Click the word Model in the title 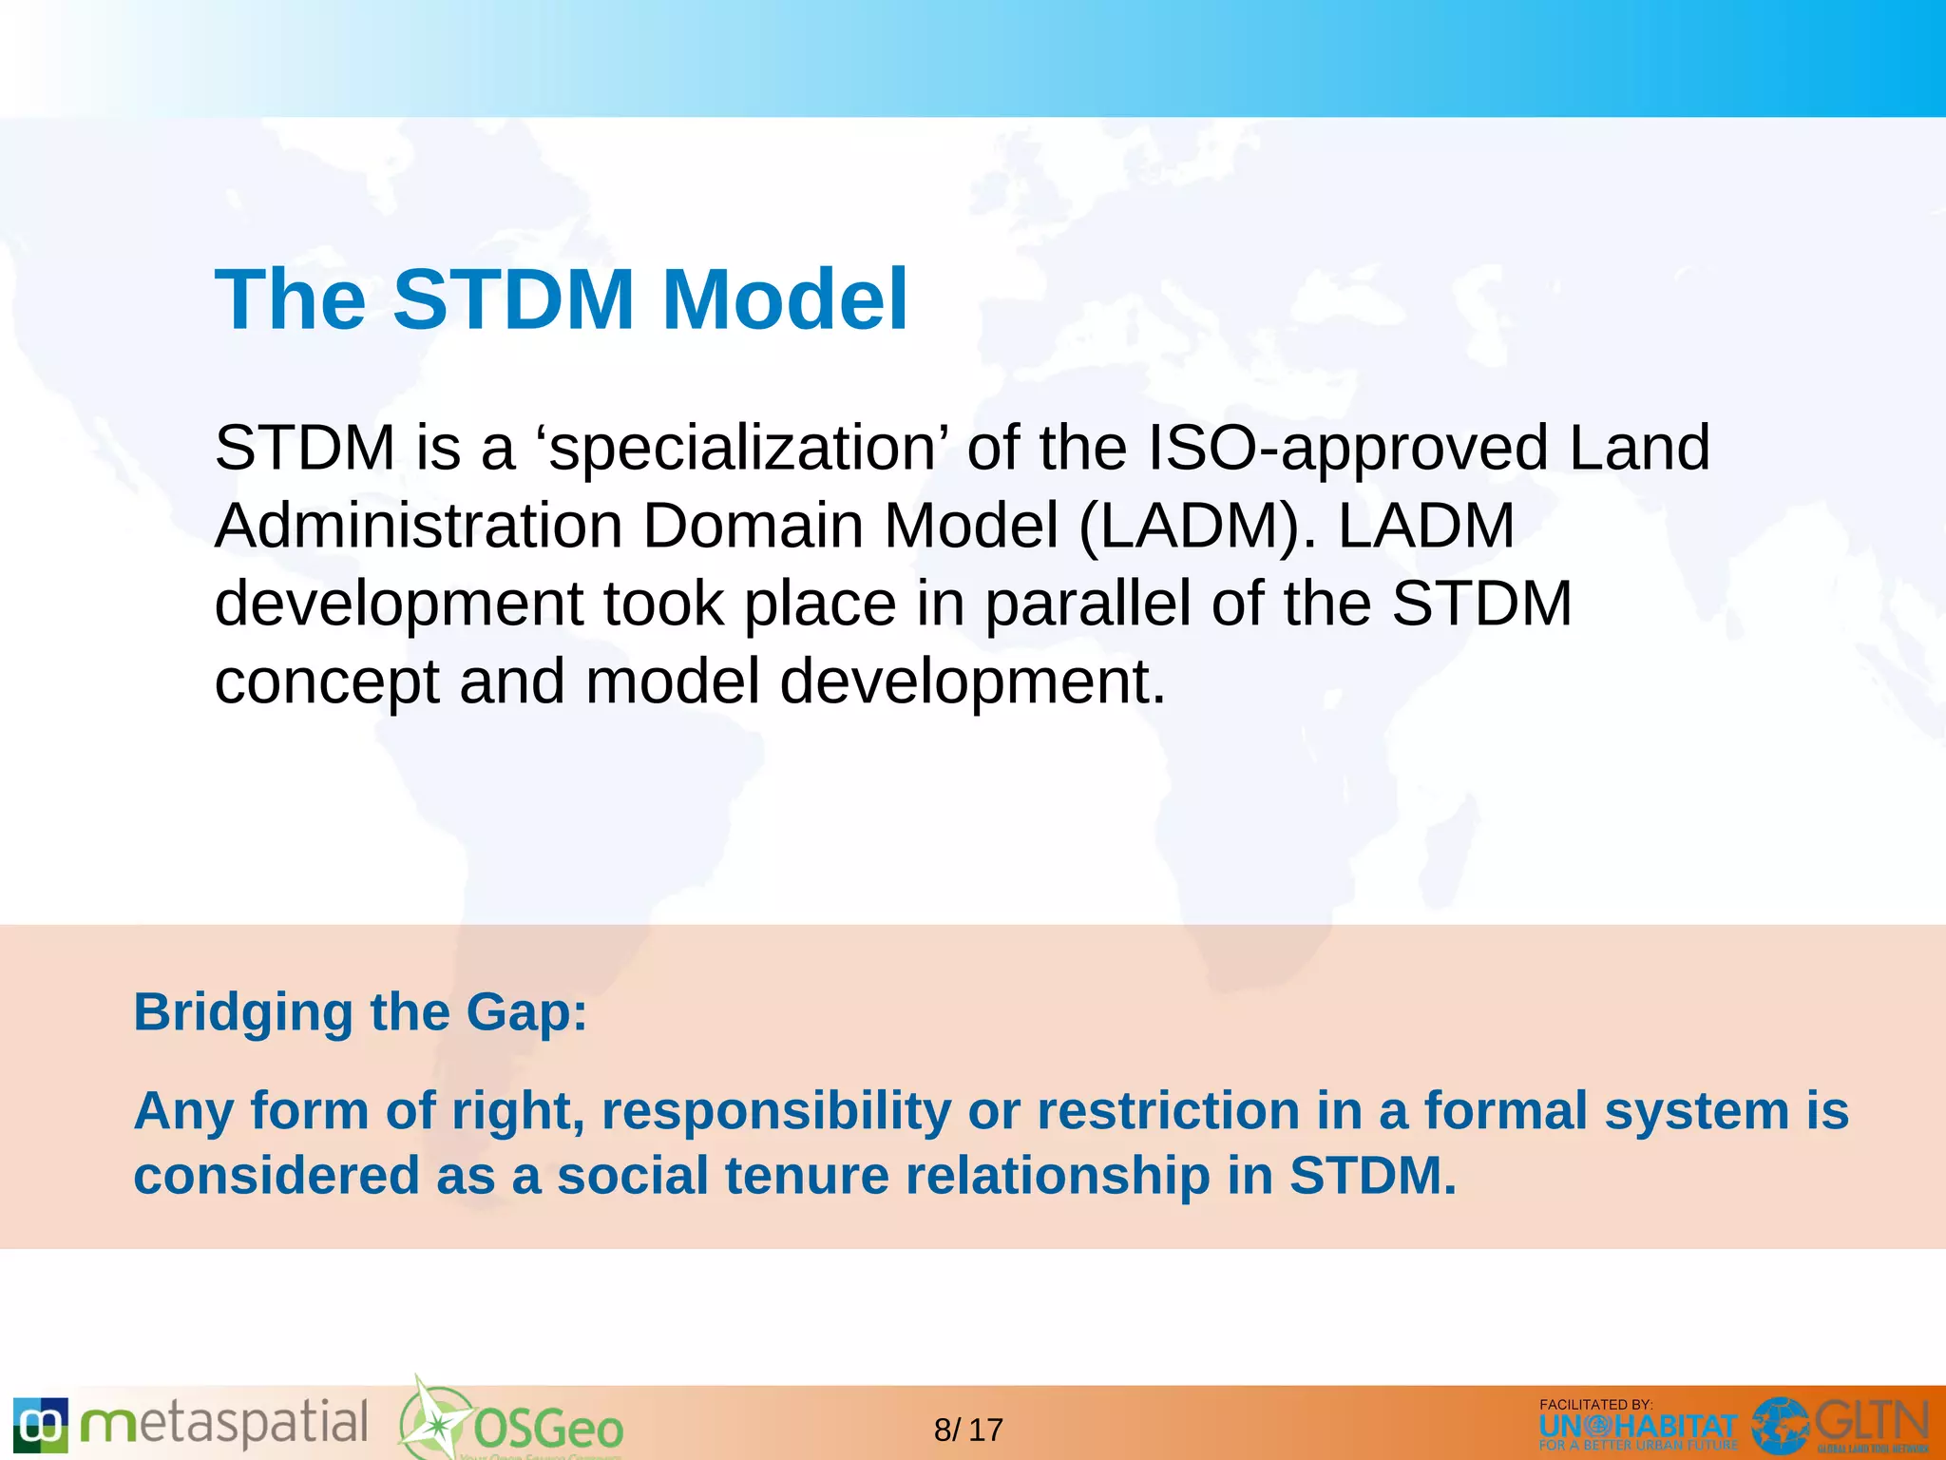click(785, 299)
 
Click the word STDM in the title click(513, 299)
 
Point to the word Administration click(418, 526)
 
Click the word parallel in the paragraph click(1086, 605)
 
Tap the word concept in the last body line click(326, 682)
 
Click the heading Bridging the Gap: click(360, 1011)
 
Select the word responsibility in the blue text click(776, 1111)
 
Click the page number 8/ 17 click(968, 1430)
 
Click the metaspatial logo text click(224, 1424)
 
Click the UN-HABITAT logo click(1637, 1428)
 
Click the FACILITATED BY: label click(1595, 1404)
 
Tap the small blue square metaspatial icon click(40, 1425)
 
